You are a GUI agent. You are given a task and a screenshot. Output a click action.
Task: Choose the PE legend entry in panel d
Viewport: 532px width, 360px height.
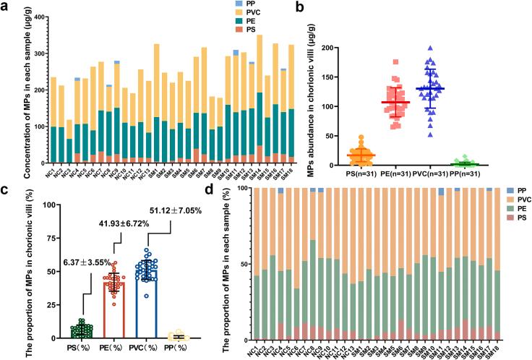tap(510, 226)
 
